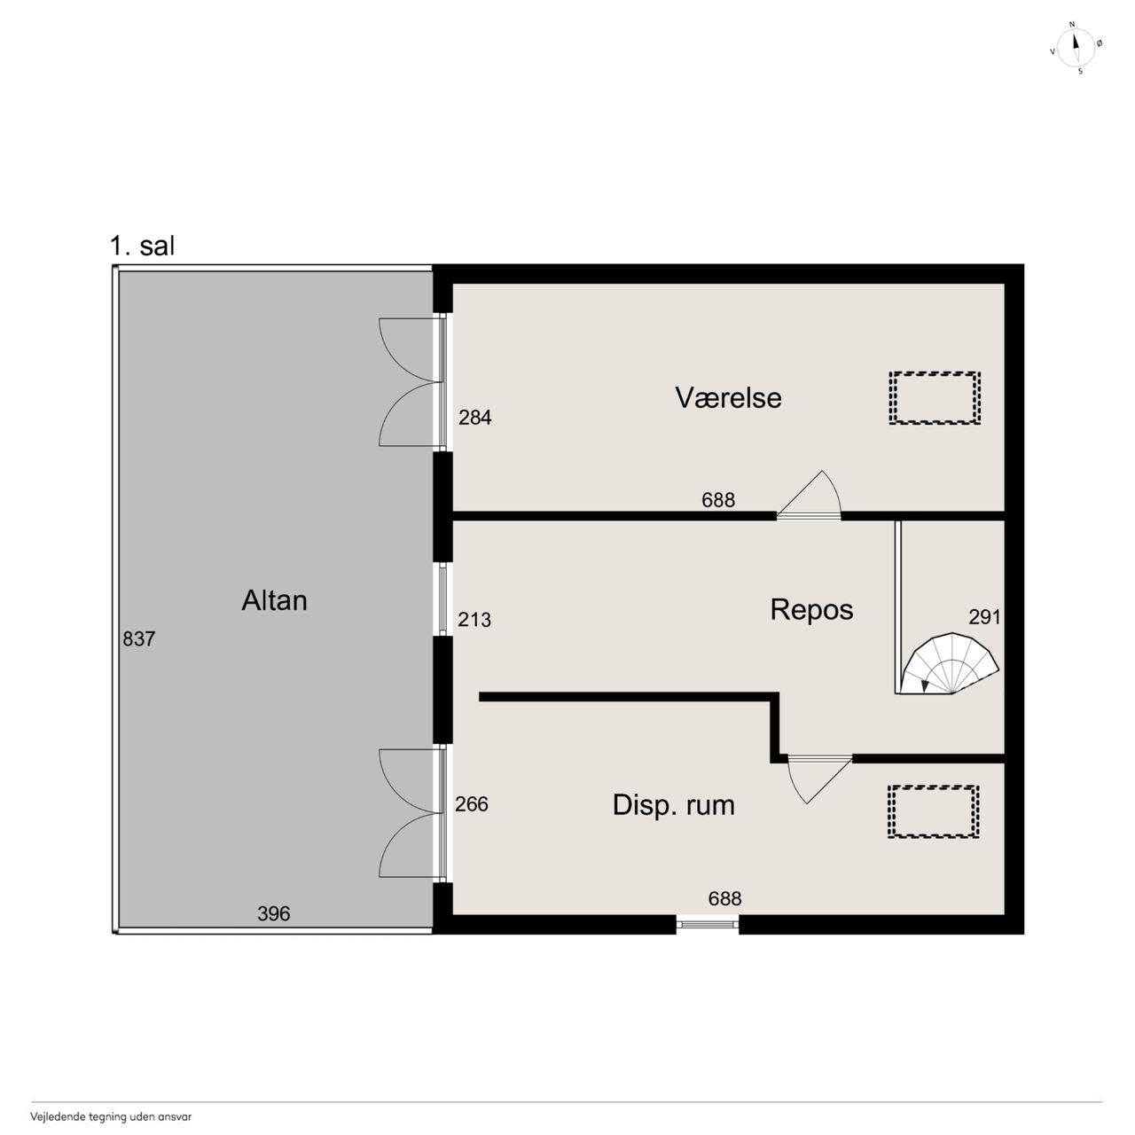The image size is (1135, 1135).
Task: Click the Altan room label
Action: [x=274, y=600]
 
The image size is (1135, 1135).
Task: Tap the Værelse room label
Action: [x=728, y=397]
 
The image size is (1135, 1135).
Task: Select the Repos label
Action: [x=811, y=610]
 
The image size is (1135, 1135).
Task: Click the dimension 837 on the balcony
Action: [x=139, y=638]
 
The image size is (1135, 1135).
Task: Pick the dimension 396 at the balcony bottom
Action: [x=274, y=913]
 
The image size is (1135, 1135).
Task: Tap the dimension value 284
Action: [x=474, y=418]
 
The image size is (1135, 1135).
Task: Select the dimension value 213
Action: [x=474, y=619]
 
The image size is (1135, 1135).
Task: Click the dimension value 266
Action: [x=471, y=804]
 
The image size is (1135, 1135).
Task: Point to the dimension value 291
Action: [x=985, y=616]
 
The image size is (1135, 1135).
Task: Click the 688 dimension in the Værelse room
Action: [x=718, y=500]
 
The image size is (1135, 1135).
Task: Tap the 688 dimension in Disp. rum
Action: [x=724, y=898]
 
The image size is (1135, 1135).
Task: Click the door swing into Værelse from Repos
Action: [x=810, y=495]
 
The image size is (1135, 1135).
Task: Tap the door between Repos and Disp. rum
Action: [x=820, y=779]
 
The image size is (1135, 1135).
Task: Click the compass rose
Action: [x=1076, y=48]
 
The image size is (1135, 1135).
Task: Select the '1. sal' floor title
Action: [x=143, y=246]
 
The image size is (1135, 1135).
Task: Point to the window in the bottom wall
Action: [x=708, y=924]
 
